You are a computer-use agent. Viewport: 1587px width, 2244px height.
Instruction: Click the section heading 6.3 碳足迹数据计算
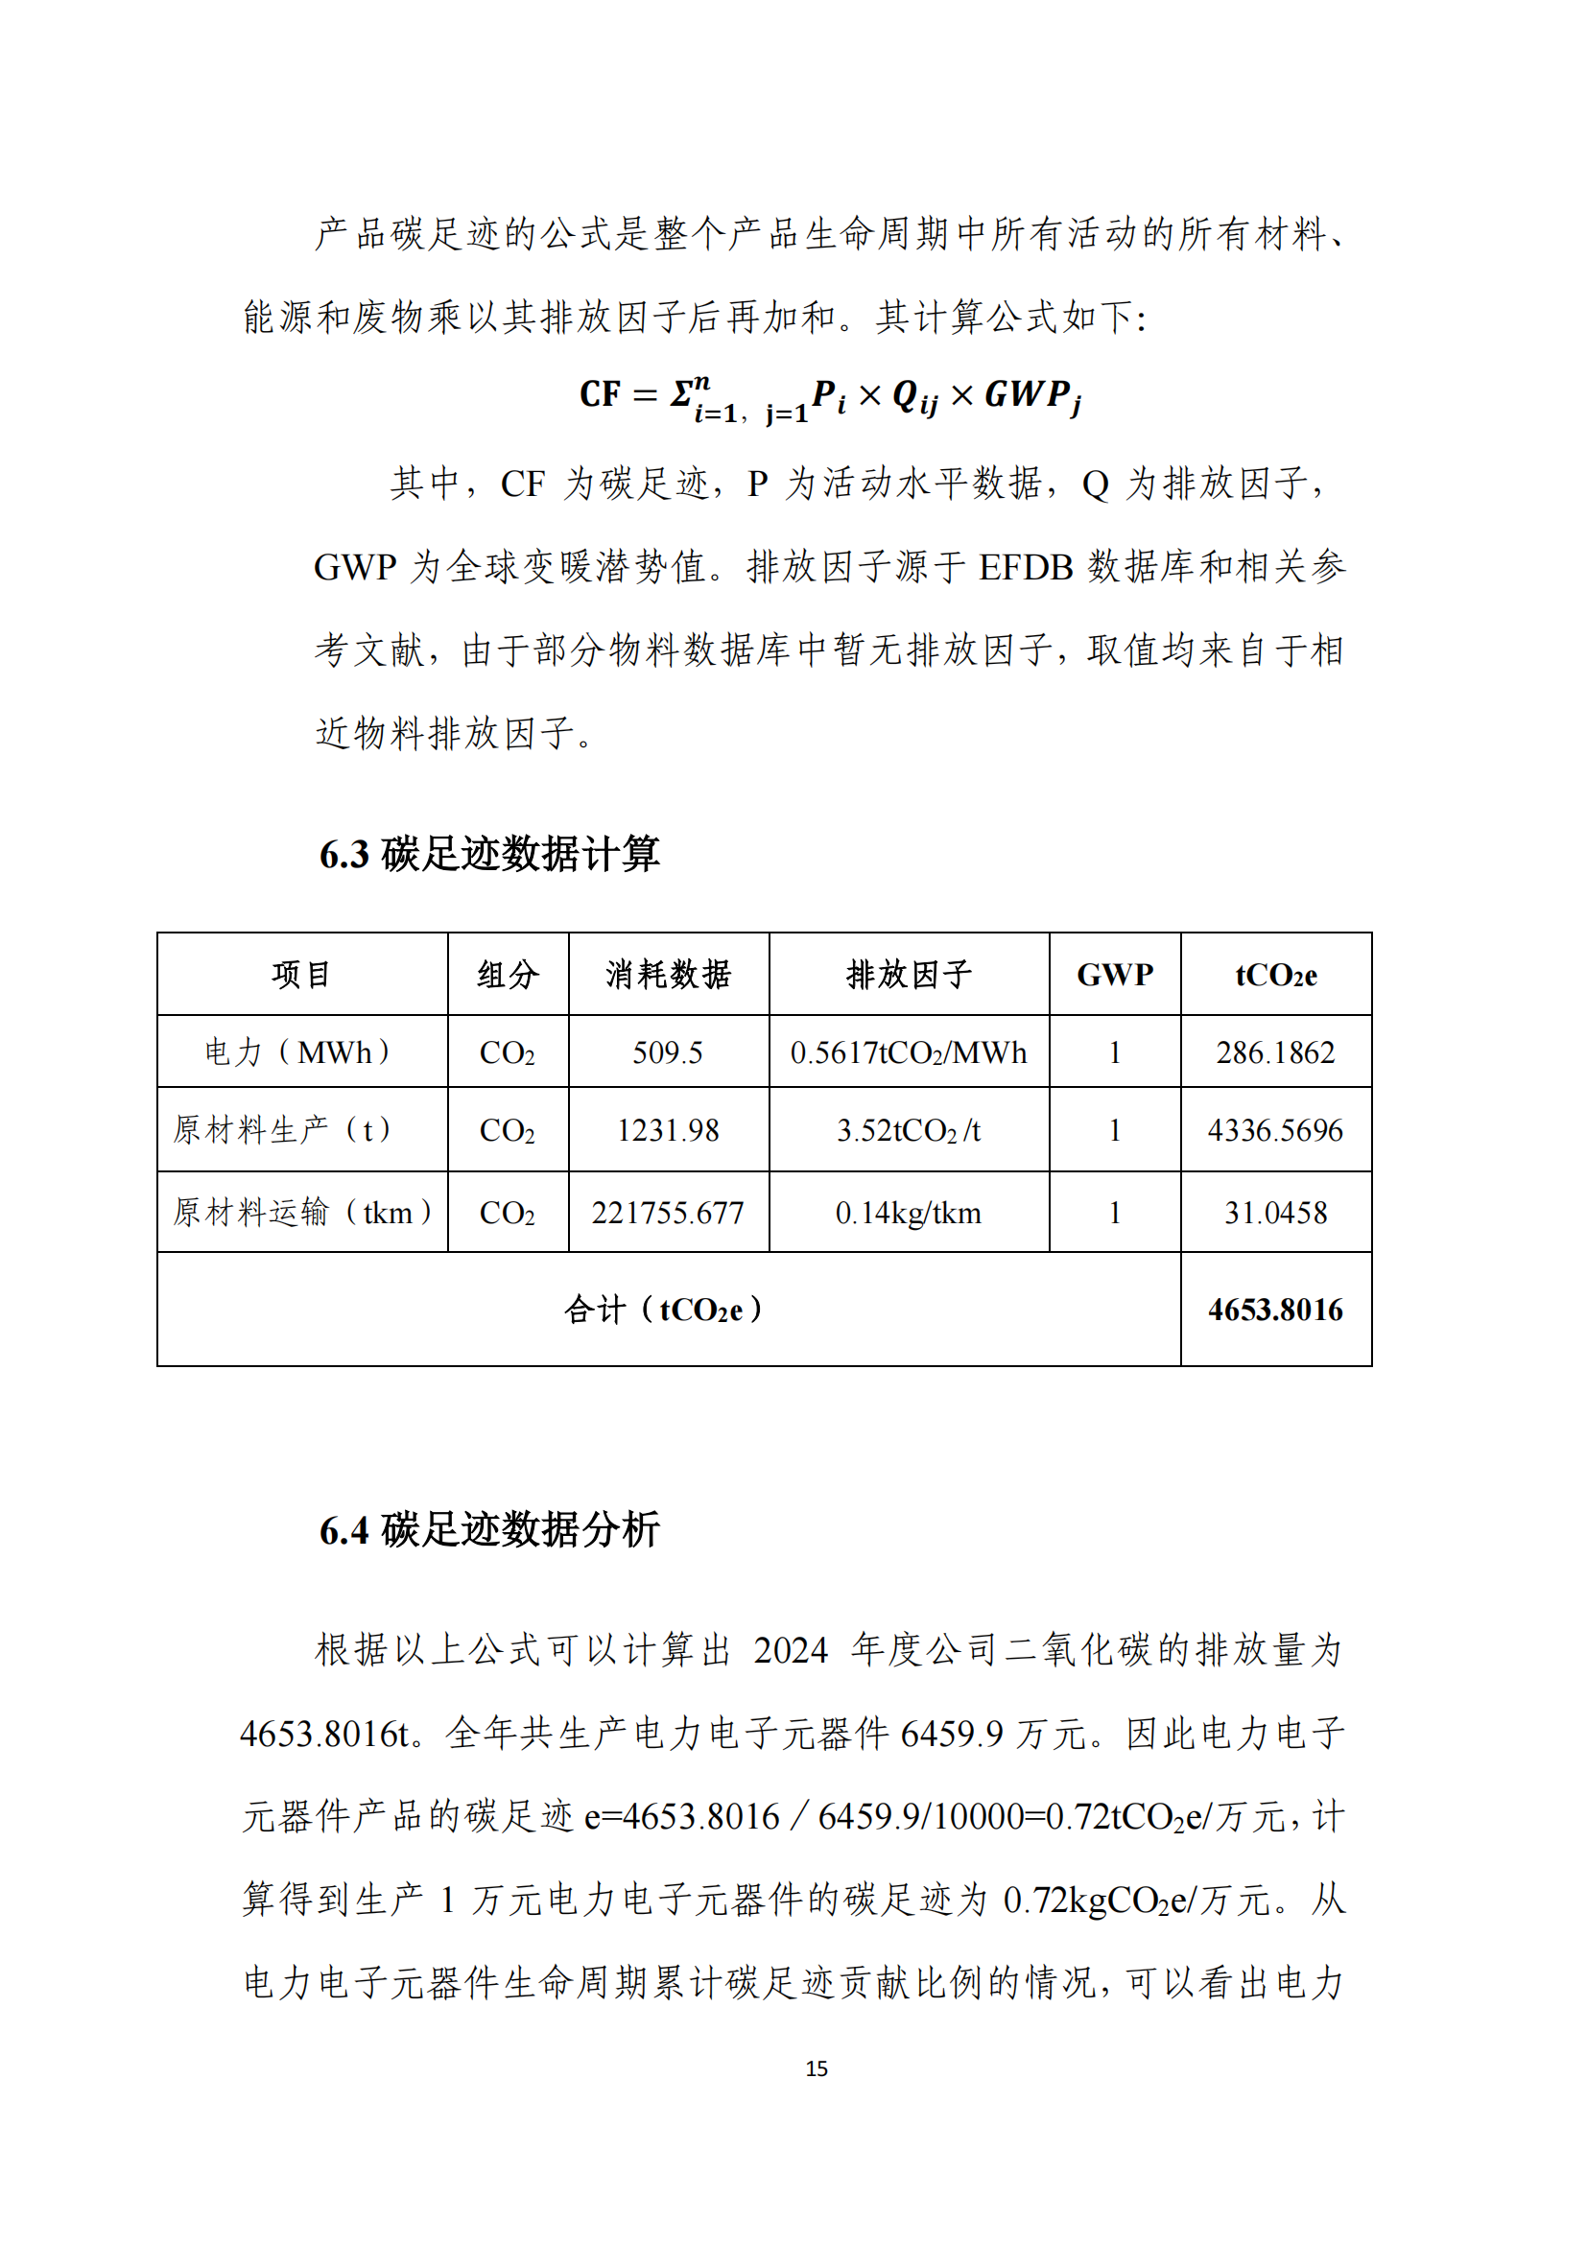click(489, 854)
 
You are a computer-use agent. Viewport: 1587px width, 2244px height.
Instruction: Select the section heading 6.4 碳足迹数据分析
click(489, 1529)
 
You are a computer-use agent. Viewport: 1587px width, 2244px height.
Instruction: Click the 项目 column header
click(301, 975)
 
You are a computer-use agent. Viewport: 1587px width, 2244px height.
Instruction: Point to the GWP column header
click(1114, 975)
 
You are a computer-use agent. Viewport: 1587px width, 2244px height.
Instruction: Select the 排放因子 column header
click(908, 975)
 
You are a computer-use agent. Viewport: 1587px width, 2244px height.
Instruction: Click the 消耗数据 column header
click(668, 975)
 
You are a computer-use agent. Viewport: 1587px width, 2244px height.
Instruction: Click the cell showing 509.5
click(668, 1052)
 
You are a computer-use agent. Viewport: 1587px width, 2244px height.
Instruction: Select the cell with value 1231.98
click(668, 1131)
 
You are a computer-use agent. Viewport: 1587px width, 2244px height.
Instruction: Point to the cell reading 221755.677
click(668, 1213)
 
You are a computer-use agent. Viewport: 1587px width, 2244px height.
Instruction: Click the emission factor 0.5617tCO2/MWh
click(908, 1052)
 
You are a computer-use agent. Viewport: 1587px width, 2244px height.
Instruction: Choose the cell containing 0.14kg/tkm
click(908, 1213)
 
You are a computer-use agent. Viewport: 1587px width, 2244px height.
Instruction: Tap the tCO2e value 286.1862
click(1275, 1052)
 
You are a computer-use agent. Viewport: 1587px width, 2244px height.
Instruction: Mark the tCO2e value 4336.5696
click(1275, 1131)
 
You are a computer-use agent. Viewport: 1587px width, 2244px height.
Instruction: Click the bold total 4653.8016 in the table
click(1275, 1310)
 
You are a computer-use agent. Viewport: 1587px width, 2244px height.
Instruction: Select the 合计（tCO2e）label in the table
click(665, 1310)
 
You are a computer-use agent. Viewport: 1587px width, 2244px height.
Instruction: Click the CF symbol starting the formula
click(599, 394)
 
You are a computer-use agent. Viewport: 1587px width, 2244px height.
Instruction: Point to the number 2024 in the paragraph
click(791, 1651)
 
